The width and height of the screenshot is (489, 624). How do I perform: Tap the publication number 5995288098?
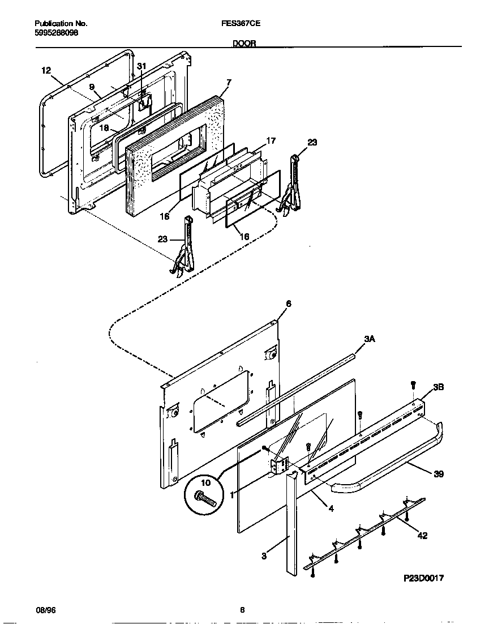[56, 33]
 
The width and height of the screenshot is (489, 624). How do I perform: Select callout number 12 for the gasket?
[46, 70]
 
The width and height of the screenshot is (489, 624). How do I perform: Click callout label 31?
[141, 66]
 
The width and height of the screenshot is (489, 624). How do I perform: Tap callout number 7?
[228, 83]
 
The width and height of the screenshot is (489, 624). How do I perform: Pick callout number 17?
[271, 140]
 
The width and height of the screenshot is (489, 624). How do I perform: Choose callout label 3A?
[370, 339]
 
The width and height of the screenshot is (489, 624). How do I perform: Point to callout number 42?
[422, 535]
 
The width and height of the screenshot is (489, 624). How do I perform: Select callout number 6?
[288, 304]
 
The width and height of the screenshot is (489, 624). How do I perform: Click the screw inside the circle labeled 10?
[205, 498]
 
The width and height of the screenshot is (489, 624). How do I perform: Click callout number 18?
[105, 128]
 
